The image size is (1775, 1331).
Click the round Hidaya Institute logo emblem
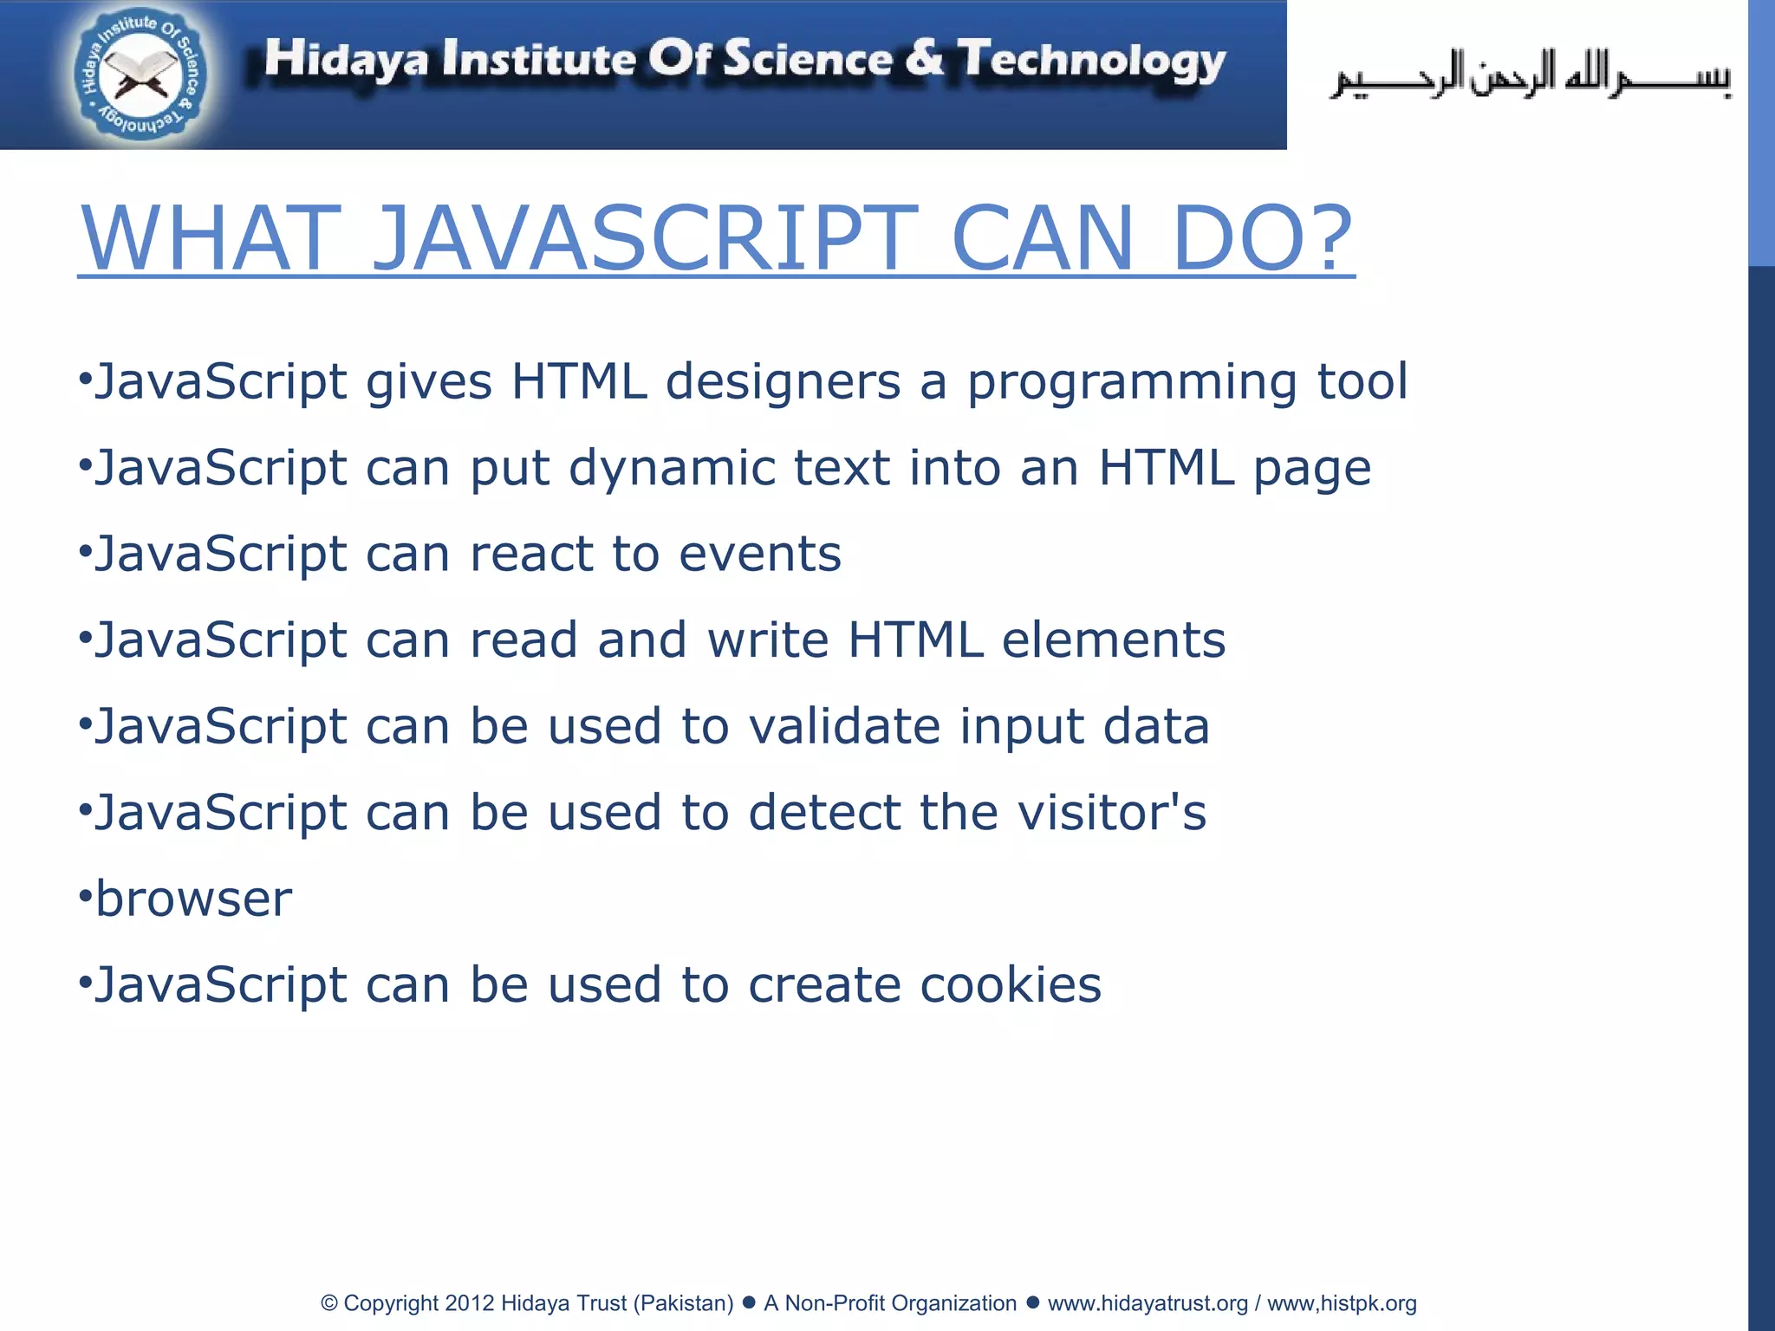(x=140, y=75)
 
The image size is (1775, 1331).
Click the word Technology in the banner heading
(x=1092, y=61)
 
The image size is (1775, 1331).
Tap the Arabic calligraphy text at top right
(x=1531, y=75)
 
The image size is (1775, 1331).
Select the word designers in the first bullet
(x=783, y=382)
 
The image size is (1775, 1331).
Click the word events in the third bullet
(x=759, y=554)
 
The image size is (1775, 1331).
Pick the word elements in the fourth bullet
(x=1113, y=640)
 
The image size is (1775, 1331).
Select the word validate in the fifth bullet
(x=844, y=726)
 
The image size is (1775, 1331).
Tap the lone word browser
(x=193, y=899)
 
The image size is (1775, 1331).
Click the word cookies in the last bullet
(x=1010, y=985)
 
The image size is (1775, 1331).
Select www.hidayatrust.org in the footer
(x=1148, y=1303)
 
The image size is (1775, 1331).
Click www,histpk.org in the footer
(x=1342, y=1303)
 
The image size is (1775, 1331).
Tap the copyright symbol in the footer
(x=329, y=1303)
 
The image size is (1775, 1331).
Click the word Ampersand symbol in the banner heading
(x=925, y=59)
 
